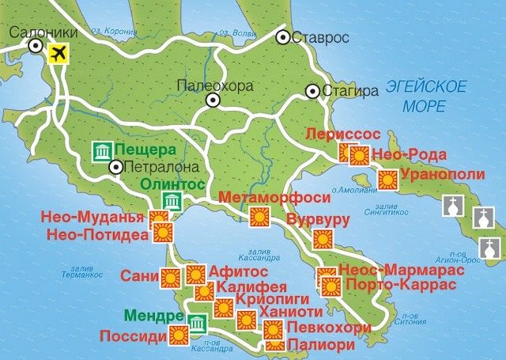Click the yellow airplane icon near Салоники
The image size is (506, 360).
coord(59,54)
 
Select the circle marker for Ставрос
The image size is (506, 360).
coord(283,37)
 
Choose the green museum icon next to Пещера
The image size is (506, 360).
coord(101,150)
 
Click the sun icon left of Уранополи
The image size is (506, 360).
coord(387,180)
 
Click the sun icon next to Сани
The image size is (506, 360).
coord(168,278)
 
